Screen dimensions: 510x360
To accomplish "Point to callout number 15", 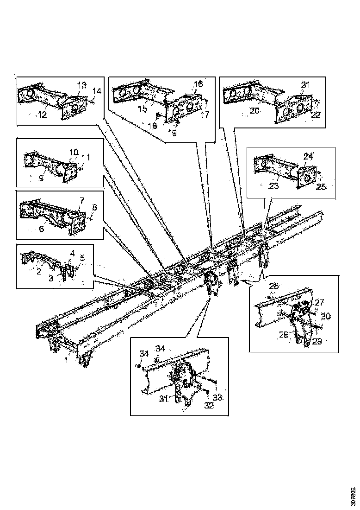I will (142, 108).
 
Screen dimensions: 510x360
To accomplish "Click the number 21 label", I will (305, 85).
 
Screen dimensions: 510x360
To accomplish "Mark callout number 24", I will (308, 156).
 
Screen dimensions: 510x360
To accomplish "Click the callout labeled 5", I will (83, 258).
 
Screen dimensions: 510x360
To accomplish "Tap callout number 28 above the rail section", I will (274, 286).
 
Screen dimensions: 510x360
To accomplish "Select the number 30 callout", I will (326, 317).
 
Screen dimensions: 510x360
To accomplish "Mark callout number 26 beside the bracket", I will (283, 334).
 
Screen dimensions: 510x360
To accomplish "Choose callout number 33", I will (217, 398).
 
